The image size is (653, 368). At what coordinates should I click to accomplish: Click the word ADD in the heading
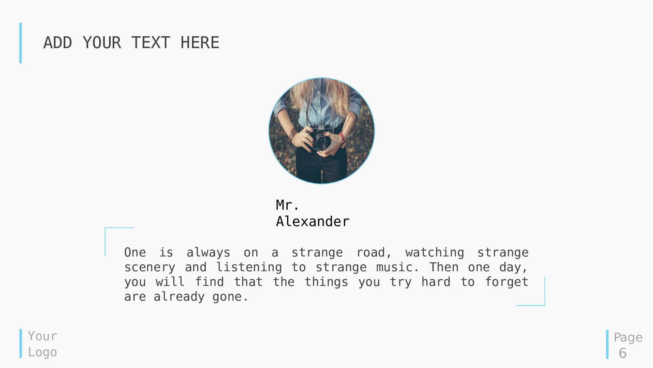point(58,43)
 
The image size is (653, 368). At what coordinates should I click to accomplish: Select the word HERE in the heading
point(200,43)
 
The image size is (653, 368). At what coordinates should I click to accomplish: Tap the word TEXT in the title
point(151,43)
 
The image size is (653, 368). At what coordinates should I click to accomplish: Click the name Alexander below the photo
point(313,221)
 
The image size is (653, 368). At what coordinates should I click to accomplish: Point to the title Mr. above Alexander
point(287,205)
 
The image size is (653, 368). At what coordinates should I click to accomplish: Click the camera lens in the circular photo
point(322,143)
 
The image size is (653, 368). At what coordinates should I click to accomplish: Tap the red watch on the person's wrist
point(342,139)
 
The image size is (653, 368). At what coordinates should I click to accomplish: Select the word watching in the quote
point(435,253)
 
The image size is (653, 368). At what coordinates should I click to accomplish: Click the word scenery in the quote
point(150,268)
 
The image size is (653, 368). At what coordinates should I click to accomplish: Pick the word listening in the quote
point(249,267)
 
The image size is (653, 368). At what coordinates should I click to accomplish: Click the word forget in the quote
point(507,282)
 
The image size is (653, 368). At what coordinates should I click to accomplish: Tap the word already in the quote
point(179,297)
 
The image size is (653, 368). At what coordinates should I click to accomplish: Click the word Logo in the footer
point(42,352)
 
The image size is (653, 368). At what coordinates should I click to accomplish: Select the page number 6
point(623,353)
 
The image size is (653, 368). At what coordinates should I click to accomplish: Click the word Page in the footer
point(628,338)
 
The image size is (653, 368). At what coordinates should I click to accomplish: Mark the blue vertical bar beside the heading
point(21,43)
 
